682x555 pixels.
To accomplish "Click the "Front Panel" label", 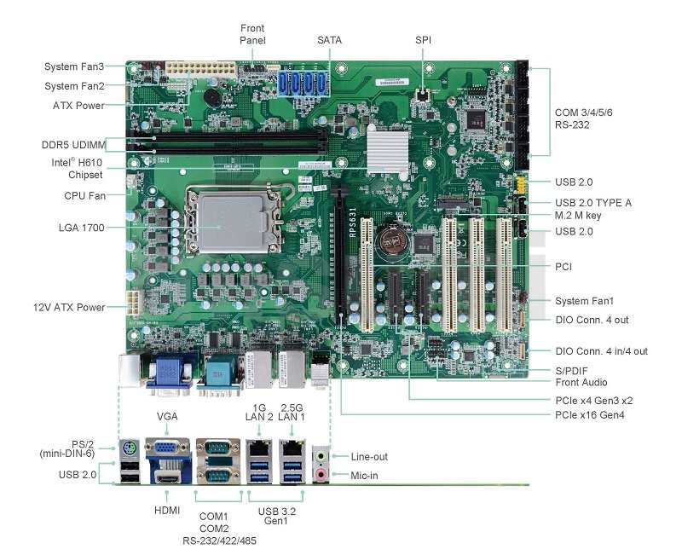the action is tap(252, 34).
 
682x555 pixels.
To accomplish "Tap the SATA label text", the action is tap(329, 40).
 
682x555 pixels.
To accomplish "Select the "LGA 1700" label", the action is tap(81, 228).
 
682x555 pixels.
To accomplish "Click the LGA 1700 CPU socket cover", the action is tap(234, 223).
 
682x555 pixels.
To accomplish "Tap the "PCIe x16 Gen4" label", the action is tap(590, 415).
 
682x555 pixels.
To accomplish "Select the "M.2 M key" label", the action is tap(578, 216).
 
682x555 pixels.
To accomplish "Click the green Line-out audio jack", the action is tap(321, 456).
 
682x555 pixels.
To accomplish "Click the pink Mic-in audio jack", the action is tap(321, 474).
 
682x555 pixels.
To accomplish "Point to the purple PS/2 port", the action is tap(130, 448).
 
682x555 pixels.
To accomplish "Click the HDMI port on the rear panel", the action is tap(168, 478).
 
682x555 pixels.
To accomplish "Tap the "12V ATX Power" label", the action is tap(69, 308).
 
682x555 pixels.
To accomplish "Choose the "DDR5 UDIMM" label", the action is tap(73, 145).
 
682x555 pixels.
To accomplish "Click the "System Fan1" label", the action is tap(584, 301).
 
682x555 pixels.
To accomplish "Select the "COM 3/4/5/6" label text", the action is tap(584, 113).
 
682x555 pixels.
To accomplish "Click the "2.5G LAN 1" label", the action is tap(292, 413).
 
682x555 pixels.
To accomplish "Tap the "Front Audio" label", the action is tap(581, 382).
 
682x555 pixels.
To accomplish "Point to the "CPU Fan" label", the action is tap(84, 196).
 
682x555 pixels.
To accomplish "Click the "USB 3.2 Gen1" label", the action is tap(276, 516).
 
